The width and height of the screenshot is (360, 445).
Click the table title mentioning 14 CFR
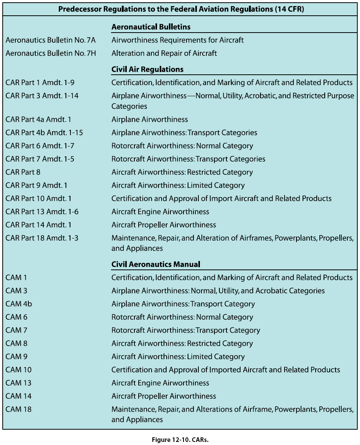[181, 10]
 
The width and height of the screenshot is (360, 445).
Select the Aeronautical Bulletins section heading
[151, 27]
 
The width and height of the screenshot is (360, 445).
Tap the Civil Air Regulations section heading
[147, 69]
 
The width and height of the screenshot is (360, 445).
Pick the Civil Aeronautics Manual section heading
[156, 264]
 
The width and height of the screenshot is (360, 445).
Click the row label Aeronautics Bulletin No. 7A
[51, 40]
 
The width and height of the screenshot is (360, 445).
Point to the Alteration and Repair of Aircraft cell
[164, 53]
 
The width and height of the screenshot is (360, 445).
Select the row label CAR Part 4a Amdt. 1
[38, 120]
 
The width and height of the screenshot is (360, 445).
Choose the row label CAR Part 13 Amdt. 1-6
[42, 212]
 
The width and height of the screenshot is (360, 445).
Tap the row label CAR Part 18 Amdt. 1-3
[42, 238]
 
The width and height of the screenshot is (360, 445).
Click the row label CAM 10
[18, 370]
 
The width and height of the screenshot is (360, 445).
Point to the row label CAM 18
[18, 409]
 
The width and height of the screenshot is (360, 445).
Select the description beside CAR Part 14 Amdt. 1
[164, 225]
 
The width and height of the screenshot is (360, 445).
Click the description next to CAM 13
[160, 383]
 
